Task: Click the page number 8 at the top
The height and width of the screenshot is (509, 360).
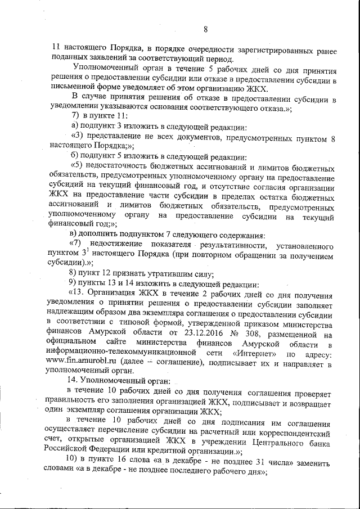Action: (206, 30)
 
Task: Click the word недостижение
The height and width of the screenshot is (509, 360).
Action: (118, 245)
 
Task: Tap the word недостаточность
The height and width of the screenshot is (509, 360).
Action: (121, 168)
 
